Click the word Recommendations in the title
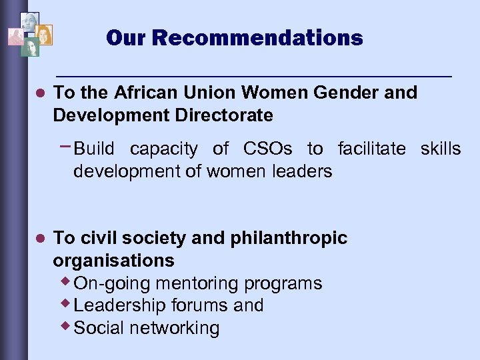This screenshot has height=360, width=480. click(x=257, y=37)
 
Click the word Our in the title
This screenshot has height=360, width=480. click(x=127, y=37)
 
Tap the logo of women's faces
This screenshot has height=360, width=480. click(x=29, y=33)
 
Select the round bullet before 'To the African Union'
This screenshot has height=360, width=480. click(x=39, y=93)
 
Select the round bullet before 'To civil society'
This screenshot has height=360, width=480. click(x=39, y=239)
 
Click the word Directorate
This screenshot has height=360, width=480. click(x=223, y=115)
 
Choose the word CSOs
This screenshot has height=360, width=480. click(x=269, y=149)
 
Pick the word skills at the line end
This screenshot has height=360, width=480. click(x=441, y=149)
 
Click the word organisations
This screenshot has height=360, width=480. click(x=113, y=260)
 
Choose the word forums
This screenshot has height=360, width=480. click(x=200, y=305)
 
